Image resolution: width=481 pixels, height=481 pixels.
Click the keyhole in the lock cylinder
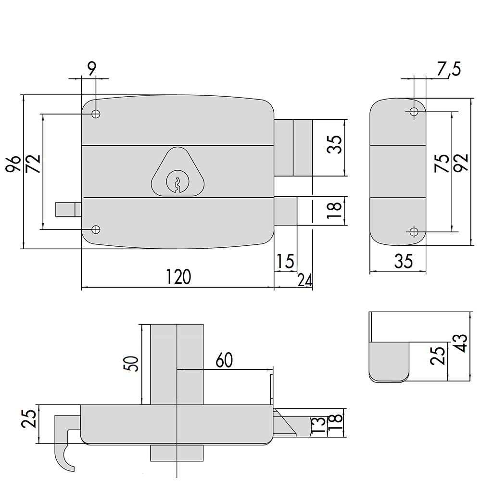tap(177, 185)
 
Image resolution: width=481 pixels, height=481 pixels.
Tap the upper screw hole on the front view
tap(96, 114)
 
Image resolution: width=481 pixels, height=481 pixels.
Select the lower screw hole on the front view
tap(96, 229)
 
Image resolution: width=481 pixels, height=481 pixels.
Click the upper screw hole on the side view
tap(414, 112)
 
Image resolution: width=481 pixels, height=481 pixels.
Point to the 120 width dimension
tap(178, 277)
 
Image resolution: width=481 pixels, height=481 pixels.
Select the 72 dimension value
tap(33, 164)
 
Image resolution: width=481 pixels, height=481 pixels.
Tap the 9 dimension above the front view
tap(92, 69)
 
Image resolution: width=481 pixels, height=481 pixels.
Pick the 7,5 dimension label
tap(448, 69)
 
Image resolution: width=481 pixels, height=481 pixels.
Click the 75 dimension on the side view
tap(442, 163)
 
